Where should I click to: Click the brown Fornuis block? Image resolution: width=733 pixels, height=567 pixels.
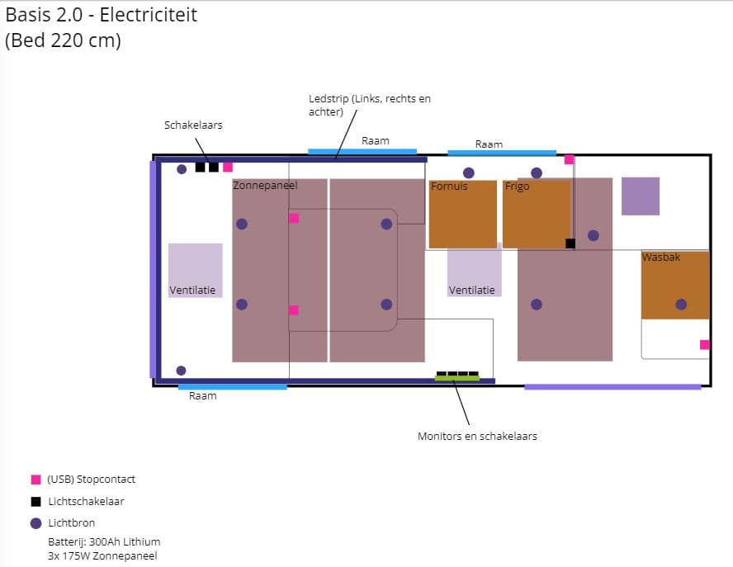[462, 215]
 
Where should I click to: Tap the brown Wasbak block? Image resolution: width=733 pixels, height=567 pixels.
[675, 285]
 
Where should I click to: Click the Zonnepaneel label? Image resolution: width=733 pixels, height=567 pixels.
[265, 186]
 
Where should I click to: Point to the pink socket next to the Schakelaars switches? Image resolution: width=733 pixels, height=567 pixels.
[228, 167]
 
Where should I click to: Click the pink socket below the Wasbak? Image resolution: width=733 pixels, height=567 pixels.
[704, 344]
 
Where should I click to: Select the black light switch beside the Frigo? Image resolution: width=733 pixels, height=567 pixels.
[570, 243]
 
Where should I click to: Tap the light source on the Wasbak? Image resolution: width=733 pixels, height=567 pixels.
[681, 304]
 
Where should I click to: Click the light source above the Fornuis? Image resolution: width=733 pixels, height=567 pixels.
[469, 172]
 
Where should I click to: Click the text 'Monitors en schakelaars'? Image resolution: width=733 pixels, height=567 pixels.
[477, 436]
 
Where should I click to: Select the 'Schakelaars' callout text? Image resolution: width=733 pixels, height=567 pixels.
[193, 125]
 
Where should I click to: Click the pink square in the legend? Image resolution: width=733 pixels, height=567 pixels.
[35, 480]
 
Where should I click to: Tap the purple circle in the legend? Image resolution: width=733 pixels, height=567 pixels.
[35, 522]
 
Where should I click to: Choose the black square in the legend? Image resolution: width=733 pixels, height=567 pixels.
[35, 501]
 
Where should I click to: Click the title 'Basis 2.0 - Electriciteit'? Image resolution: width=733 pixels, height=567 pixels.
[102, 15]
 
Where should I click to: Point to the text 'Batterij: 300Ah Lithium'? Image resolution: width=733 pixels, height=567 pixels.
[104, 541]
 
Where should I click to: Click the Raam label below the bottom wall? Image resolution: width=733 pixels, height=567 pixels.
[203, 396]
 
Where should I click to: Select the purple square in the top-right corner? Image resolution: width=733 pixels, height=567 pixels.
[641, 196]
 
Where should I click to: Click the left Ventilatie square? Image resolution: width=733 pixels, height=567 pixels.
[195, 270]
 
